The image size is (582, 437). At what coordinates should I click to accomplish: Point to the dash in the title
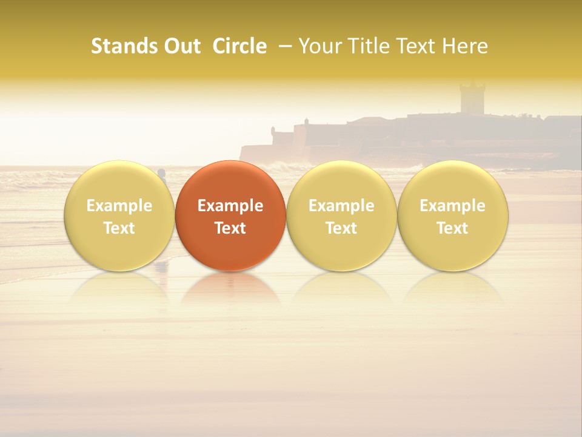coord(283,47)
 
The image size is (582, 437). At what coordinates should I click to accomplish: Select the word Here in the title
coord(465,46)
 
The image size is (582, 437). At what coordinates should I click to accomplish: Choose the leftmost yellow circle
coord(119,215)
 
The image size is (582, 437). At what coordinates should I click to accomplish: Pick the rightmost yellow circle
coord(453,215)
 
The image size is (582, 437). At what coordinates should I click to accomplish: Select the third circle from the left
coord(341,215)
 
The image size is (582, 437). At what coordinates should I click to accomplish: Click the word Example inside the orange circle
coord(230,206)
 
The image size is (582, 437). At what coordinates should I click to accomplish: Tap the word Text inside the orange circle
coord(230,228)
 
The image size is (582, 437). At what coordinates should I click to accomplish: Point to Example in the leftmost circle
coord(119,206)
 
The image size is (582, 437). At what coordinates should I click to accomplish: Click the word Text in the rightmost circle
coord(453,228)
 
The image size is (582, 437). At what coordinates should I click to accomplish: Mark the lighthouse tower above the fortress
coord(472,97)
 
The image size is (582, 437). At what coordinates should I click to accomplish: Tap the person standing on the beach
coord(162,175)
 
